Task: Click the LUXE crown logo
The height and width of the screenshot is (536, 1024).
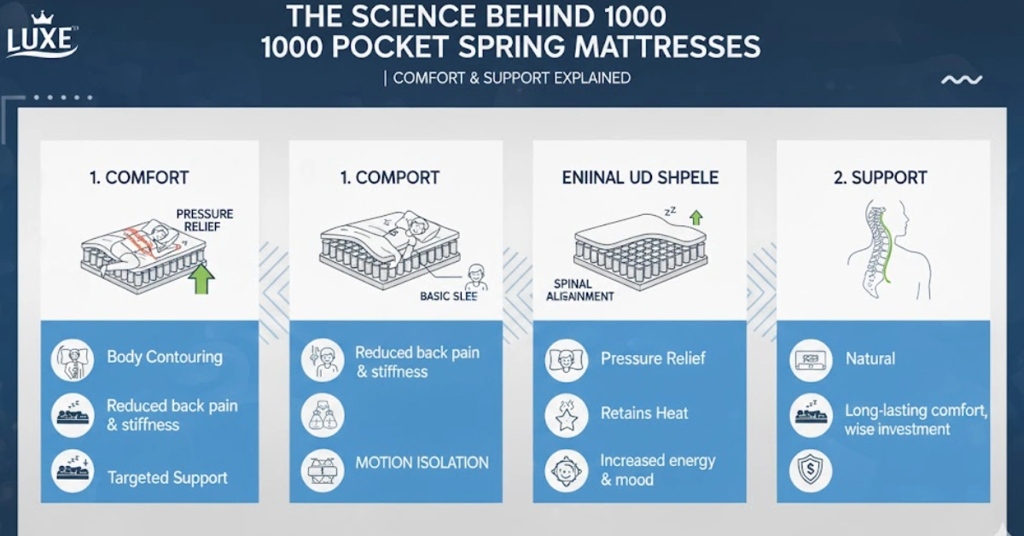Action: pyautogui.click(x=42, y=35)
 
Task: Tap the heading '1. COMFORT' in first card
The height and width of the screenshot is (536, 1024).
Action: pyautogui.click(x=139, y=178)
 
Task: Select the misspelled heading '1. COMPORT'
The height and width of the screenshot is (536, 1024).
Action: pyautogui.click(x=389, y=178)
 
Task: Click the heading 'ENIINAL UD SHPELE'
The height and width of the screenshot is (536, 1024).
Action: pyautogui.click(x=640, y=178)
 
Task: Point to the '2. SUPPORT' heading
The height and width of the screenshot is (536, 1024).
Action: pyautogui.click(x=879, y=178)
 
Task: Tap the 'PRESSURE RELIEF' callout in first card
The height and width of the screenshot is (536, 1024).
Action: pyautogui.click(x=204, y=220)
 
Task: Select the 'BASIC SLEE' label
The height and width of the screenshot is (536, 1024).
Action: pyautogui.click(x=448, y=296)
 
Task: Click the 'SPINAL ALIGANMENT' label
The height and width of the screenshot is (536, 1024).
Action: pyautogui.click(x=580, y=289)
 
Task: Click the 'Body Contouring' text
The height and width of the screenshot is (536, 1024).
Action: pyautogui.click(x=165, y=357)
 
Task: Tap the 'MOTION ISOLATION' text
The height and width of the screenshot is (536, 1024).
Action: pyautogui.click(x=422, y=463)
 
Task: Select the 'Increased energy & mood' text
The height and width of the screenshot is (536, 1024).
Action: pyautogui.click(x=657, y=469)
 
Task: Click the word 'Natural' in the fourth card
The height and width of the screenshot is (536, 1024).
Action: pyautogui.click(x=870, y=358)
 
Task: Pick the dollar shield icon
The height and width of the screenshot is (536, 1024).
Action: pyautogui.click(x=810, y=471)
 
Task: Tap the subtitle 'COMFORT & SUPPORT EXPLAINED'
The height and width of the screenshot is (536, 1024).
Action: pyautogui.click(x=512, y=78)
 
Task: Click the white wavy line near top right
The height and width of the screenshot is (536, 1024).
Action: pyautogui.click(x=961, y=80)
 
